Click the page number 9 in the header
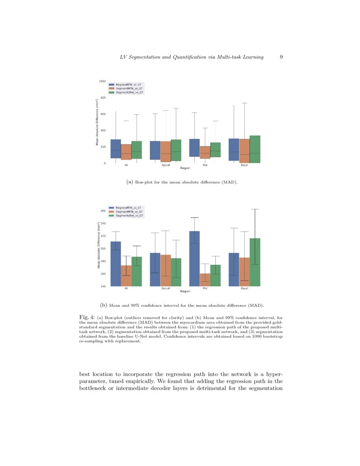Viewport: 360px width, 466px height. tap(281, 57)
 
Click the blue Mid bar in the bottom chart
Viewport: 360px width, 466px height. tap(194, 258)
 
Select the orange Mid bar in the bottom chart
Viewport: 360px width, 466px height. tap(205, 280)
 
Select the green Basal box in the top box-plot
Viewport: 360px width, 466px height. tap(255, 149)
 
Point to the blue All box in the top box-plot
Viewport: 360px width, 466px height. tap(116, 149)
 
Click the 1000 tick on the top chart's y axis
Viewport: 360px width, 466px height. tap(102, 81)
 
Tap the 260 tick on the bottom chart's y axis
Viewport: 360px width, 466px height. tap(103, 211)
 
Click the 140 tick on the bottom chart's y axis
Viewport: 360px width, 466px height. tap(103, 286)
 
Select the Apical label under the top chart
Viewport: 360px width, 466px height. tap(166, 165)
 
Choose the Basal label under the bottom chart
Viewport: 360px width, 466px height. tap(244, 288)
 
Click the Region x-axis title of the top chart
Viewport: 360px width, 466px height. tap(185, 168)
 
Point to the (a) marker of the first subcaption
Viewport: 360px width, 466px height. tap(130, 182)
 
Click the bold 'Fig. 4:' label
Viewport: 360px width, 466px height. tap(87, 316)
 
